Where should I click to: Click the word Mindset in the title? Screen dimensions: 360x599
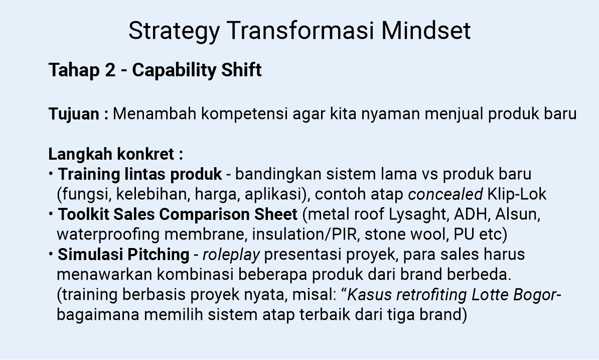click(x=425, y=31)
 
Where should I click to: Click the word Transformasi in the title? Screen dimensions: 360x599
click(x=300, y=31)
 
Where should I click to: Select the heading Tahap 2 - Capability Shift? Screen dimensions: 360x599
click(x=155, y=70)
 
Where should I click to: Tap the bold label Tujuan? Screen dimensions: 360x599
click(x=74, y=114)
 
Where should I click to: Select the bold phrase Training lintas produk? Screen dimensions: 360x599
click(x=140, y=175)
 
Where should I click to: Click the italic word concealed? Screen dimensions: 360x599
click(x=445, y=195)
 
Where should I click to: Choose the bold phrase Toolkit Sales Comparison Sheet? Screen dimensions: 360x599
click(x=178, y=215)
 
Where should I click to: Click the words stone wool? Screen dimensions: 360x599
click(x=412, y=234)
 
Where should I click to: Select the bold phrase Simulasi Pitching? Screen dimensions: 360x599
click(x=123, y=255)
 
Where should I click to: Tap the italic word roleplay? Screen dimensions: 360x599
click(x=231, y=255)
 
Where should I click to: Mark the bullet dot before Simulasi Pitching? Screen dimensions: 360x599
click(x=51, y=254)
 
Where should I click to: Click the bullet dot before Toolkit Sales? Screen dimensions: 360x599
click(x=51, y=213)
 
